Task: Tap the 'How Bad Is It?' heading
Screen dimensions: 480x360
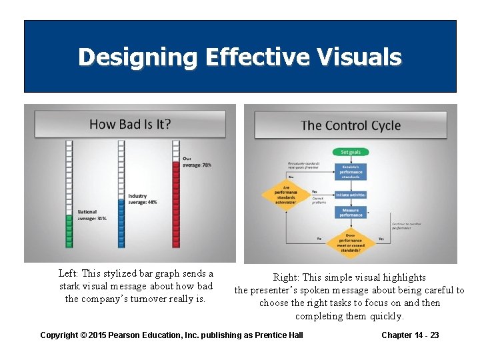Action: [x=130, y=124]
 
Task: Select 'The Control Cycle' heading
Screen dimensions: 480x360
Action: [x=351, y=125]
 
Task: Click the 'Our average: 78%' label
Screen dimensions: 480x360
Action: [x=196, y=162]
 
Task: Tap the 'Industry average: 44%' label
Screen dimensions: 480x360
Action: [x=143, y=199]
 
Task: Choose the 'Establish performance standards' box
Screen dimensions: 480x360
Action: [x=351, y=171]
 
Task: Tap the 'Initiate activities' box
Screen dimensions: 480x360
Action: [x=351, y=195]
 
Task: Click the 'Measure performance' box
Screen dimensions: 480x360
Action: [x=351, y=213]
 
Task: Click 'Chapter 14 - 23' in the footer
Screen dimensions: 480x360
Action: [x=410, y=335]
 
